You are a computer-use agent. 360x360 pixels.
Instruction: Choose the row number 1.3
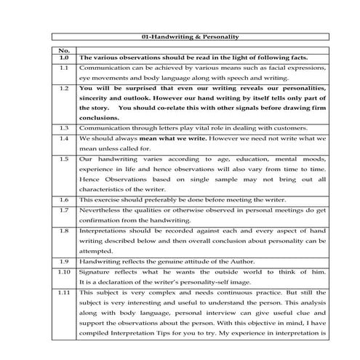click(x=63, y=127)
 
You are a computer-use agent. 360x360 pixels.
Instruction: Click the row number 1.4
click(x=63, y=137)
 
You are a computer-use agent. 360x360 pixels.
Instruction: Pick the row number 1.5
click(x=63, y=158)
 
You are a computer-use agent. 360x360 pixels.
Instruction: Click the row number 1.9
click(x=63, y=259)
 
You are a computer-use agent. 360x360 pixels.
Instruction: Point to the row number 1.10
click(x=63, y=270)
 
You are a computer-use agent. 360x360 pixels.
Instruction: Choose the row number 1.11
click(x=63, y=290)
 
